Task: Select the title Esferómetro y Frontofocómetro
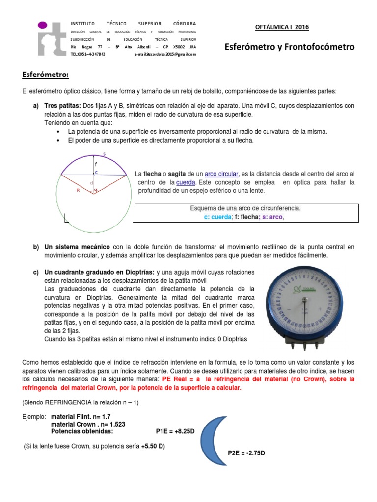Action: point(289,47)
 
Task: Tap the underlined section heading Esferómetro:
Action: point(46,75)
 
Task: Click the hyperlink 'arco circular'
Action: point(221,174)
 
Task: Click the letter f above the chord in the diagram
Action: point(96,164)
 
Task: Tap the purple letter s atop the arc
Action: point(104,154)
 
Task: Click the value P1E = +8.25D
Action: point(175,431)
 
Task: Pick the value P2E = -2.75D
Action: point(246,453)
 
